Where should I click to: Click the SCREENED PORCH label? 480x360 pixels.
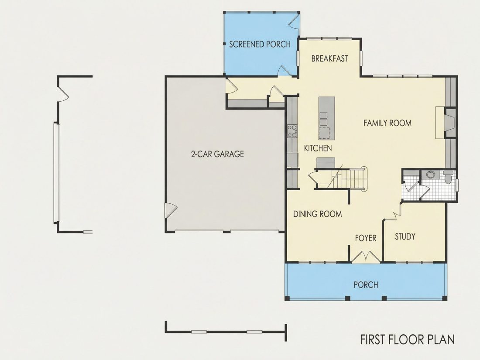(260, 45)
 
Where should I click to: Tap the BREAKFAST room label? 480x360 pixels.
(330, 58)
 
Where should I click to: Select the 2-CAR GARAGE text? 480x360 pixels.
(217, 154)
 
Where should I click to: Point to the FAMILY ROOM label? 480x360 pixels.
(387, 123)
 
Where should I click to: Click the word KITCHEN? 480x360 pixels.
(318, 148)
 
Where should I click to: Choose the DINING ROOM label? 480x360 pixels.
(317, 214)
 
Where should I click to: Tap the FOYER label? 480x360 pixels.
(366, 238)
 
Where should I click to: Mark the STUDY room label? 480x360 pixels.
(405, 237)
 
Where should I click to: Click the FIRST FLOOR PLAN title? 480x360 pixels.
(407, 340)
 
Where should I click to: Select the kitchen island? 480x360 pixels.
(326, 118)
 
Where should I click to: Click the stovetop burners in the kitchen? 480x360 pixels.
(292, 131)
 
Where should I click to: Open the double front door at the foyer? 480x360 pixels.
(366, 257)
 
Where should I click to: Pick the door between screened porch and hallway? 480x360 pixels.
(284, 70)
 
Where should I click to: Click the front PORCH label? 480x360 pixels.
(366, 285)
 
